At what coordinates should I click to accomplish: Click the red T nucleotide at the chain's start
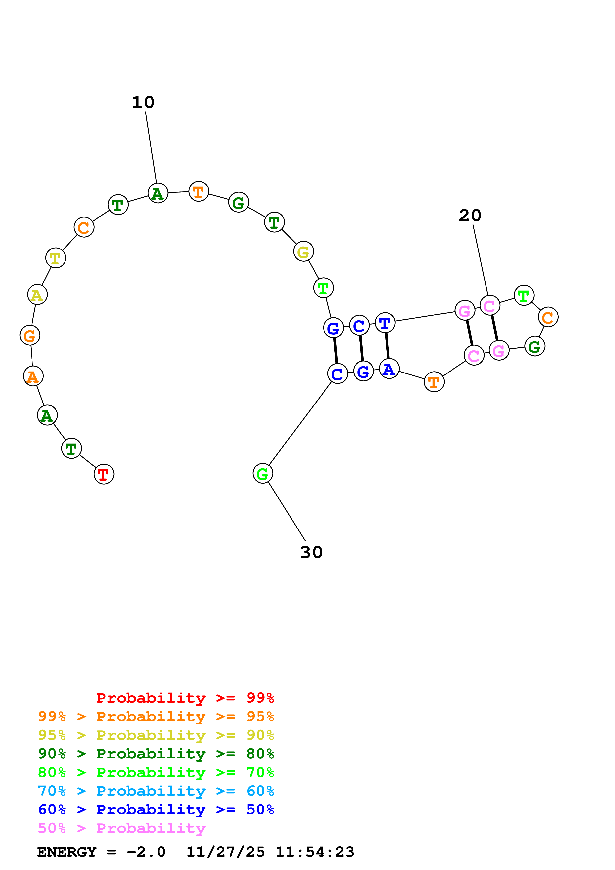click(104, 474)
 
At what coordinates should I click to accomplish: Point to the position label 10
click(143, 103)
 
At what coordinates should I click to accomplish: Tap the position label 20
click(470, 216)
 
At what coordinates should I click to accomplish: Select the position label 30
click(311, 553)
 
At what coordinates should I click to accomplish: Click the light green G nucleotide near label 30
click(263, 473)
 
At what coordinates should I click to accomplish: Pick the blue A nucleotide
click(389, 369)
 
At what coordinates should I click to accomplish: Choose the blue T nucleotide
click(385, 323)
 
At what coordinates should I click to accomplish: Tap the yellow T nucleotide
click(56, 258)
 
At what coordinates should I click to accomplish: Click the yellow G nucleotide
click(303, 251)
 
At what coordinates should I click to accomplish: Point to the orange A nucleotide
click(33, 376)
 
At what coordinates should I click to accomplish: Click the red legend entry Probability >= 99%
click(185, 698)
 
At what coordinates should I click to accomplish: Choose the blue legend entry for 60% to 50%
click(156, 809)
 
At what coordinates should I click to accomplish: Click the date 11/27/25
click(226, 852)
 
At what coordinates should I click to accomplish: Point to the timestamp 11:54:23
click(315, 852)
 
